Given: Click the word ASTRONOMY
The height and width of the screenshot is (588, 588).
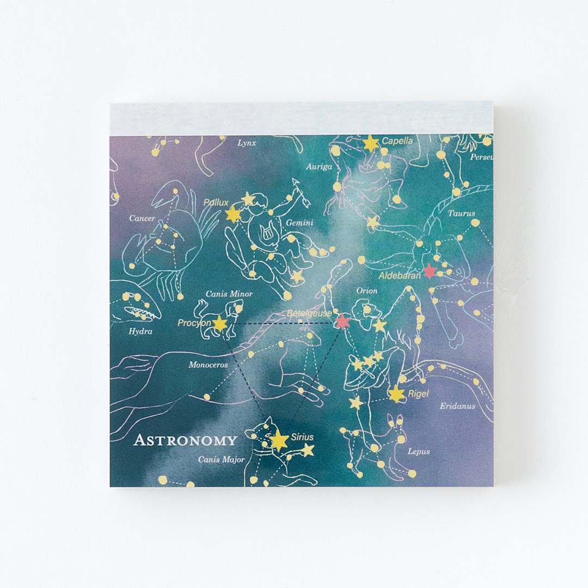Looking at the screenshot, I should pyautogui.click(x=185, y=440).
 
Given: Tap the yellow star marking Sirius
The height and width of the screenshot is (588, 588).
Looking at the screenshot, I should pyautogui.click(x=279, y=440).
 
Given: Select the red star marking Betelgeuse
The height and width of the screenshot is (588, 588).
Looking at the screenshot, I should pyautogui.click(x=342, y=322).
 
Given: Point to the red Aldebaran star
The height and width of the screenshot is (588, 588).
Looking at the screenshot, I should pyautogui.click(x=430, y=271).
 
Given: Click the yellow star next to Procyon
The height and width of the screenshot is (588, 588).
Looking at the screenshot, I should pyautogui.click(x=219, y=323).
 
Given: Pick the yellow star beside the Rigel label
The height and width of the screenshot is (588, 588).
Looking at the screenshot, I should pyautogui.click(x=396, y=394).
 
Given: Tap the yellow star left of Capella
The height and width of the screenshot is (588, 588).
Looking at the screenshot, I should pyautogui.click(x=371, y=144).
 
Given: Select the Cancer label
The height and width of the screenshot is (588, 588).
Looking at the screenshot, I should pyautogui.click(x=142, y=218).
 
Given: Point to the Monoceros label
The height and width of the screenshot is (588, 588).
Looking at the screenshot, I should pyautogui.click(x=208, y=365).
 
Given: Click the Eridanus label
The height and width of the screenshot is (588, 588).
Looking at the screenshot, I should pyautogui.click(x=457, y=406).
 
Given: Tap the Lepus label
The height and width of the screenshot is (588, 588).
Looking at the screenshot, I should pyautogui.click(x=419, y=451).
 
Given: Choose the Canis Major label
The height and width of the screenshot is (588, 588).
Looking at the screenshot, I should pyautogui.click(x=217, y=460).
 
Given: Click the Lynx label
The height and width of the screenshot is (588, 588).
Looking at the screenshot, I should pyautogui.click(x=247, y=143).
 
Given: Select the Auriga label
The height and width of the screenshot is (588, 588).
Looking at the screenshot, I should pyautogui.click(x=318, y=167).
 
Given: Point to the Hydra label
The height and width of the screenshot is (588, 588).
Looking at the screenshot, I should pyautogui.click(x=140, y=331).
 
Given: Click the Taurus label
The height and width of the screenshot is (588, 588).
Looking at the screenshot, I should pyautogui.click(x=461, y=213).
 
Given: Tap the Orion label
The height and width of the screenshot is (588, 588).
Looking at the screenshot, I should pyautogui.click(x=367, y=291).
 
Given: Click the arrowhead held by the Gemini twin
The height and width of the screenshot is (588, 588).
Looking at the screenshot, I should pyautogui.click(x=297, y=183).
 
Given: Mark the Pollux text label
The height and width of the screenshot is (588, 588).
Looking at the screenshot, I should pyautogui.click(x=216, y=203).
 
